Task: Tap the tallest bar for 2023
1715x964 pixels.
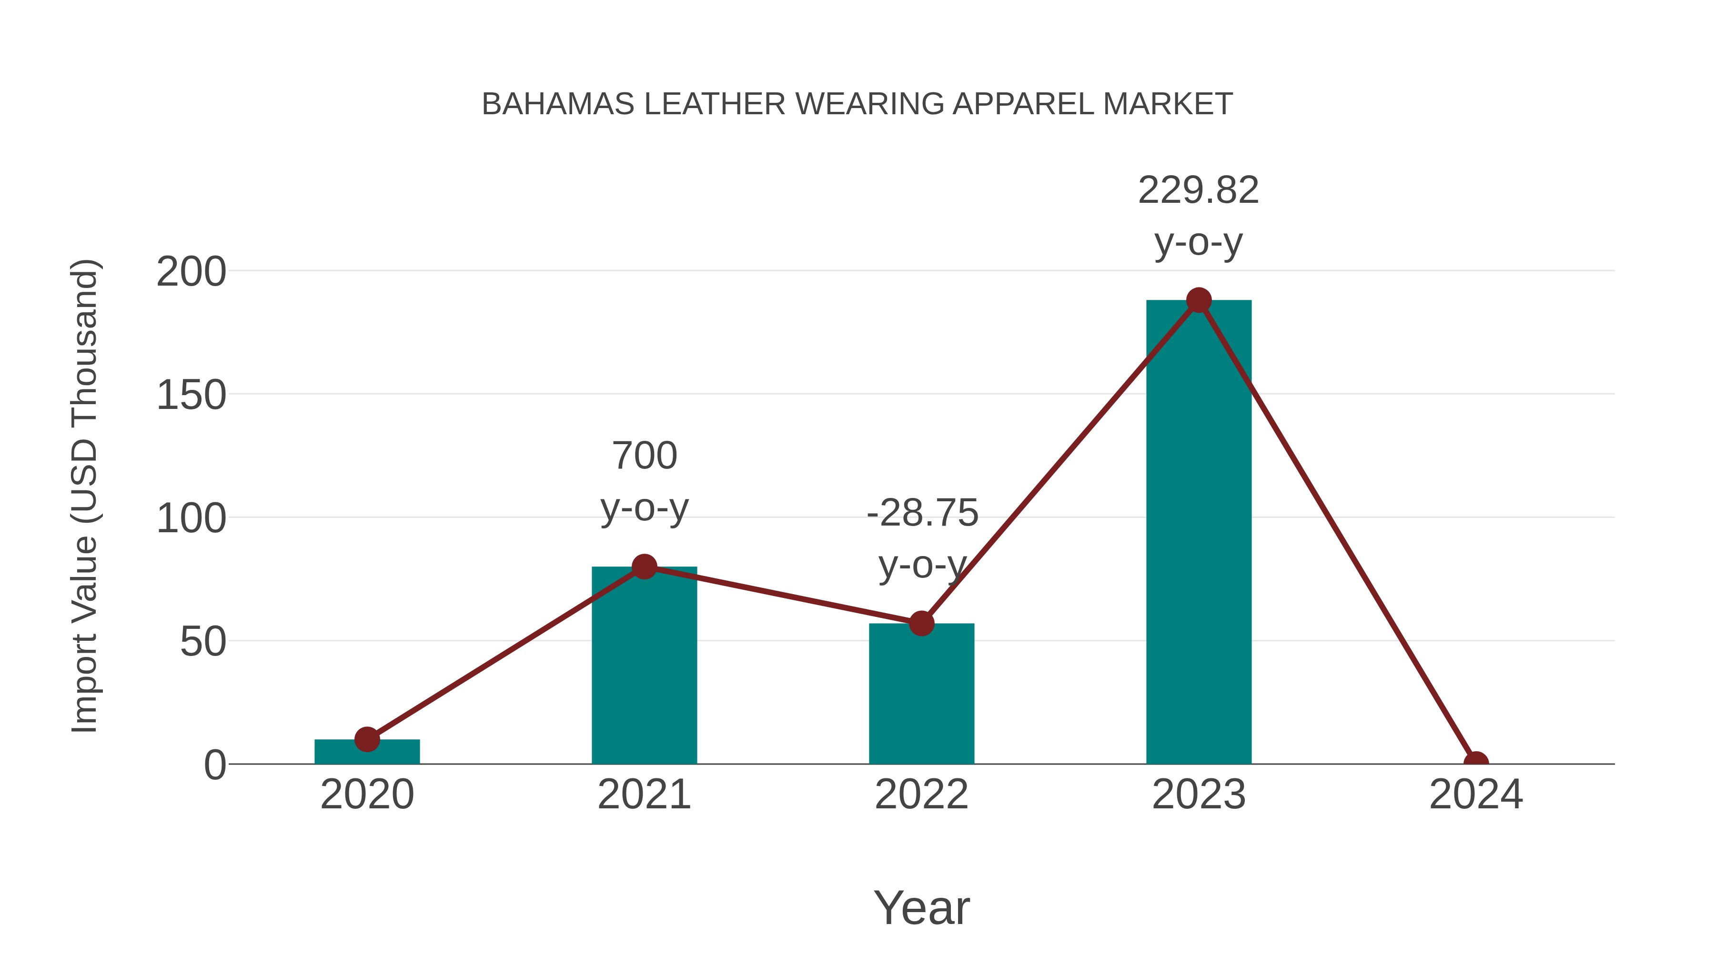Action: (1199, 532)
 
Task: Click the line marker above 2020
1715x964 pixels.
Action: (367, 739)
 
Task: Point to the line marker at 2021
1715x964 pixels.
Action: (644, 567)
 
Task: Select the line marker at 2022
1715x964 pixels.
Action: (921, 623)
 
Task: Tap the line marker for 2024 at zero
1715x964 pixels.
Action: (1476, 763)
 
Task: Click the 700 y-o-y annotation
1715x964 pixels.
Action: (644, 482)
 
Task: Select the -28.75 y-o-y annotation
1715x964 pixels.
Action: (922, 539)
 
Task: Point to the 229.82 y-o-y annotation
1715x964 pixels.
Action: (1199, 216)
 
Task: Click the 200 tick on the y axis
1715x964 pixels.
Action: (191, 272)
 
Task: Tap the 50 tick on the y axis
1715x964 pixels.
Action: (203, 642)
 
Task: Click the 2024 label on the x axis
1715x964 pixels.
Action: (1476, 795)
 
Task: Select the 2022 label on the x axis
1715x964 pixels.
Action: (921, 795)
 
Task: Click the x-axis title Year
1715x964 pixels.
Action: (921, 907)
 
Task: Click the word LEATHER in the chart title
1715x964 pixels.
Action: (715, 104)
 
